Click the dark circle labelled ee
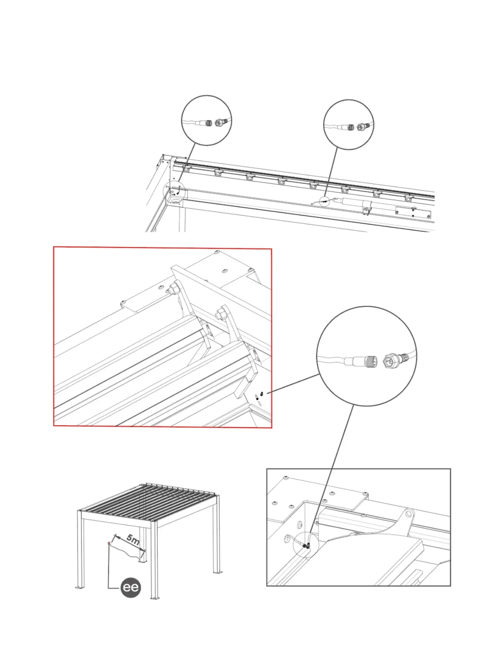[131, 588]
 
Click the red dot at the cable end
[109, 543]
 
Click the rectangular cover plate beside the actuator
[412, 213]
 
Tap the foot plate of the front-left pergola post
[80, 588]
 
